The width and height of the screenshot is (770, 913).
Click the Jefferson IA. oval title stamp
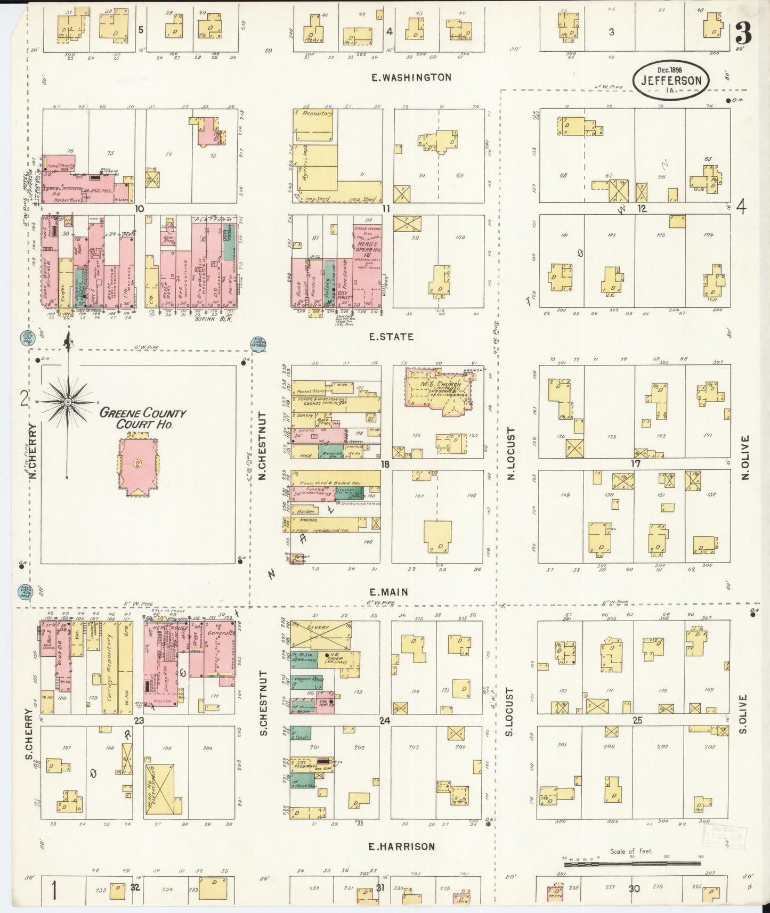tap(671, 80)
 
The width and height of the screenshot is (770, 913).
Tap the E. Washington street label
tap(412, 78)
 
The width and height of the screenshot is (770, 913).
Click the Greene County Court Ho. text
tap(143, 418)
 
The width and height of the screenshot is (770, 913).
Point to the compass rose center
tap(68, 402)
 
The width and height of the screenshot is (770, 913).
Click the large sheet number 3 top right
tap(743, 35)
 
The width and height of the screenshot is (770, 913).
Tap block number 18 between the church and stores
tap(385, 464)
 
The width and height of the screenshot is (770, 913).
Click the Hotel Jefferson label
tap(37, 184)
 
